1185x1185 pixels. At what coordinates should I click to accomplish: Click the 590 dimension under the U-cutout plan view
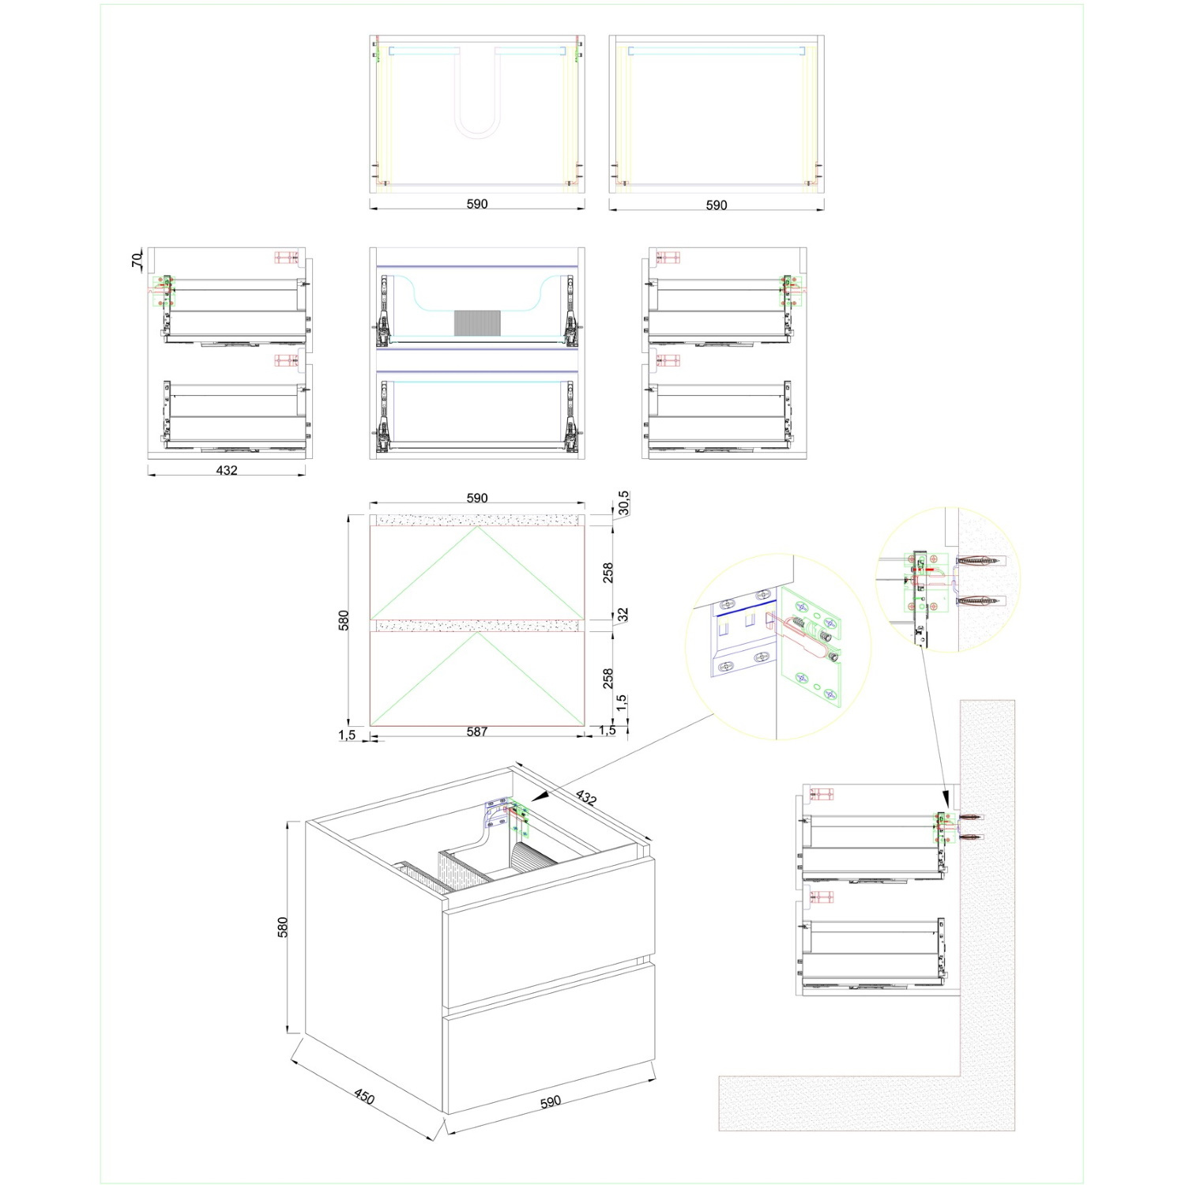point(477,204)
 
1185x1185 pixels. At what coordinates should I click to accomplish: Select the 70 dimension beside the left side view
point(137,258)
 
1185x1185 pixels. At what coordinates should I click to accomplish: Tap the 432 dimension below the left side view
point(227,470)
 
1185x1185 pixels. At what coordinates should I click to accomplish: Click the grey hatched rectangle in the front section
point(477,322)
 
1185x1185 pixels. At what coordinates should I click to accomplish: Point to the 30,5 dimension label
point(623,502)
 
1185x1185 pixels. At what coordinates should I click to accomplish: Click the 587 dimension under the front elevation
point(477,732)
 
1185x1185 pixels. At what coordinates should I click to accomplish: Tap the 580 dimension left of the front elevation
point(344,620)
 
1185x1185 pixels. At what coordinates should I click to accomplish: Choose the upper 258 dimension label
point(608,573)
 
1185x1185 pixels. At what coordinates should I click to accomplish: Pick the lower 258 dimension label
point(608,678)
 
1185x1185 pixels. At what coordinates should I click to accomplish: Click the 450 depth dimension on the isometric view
point(364,1097)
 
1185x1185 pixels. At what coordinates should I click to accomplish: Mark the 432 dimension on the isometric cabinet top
point(585,798)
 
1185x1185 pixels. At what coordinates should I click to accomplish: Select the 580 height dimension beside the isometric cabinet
point(282,927)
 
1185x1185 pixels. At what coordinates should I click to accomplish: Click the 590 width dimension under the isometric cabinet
point(551,1101)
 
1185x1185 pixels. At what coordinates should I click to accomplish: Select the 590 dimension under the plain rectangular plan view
point(717,205)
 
